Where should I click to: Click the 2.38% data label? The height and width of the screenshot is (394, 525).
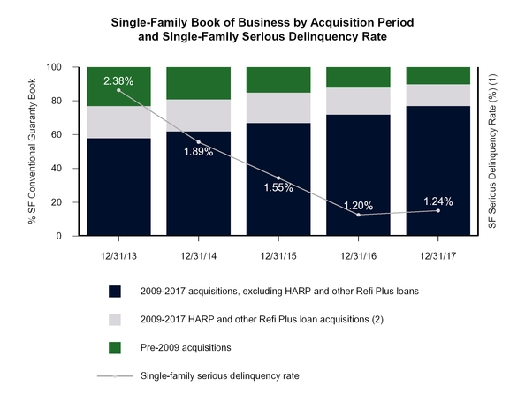click(118, 81)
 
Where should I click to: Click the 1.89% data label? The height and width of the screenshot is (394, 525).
click(198, 152)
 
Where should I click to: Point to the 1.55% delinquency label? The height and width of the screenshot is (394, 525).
click(278, 187)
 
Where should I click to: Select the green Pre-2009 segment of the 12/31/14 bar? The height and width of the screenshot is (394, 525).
click(198, 83)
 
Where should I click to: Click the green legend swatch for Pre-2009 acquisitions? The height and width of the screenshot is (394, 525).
click(114, 347)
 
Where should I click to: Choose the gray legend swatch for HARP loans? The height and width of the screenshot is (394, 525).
click(114, 319)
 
